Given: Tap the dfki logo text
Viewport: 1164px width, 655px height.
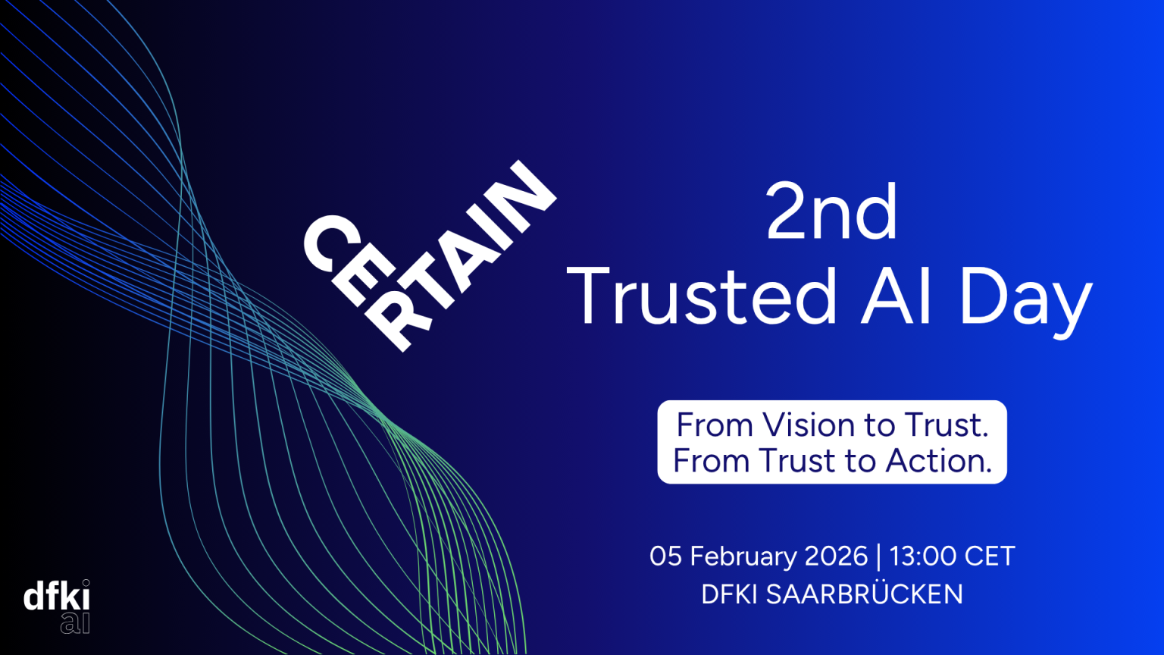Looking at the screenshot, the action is pyautogui.click(x=57, y=596).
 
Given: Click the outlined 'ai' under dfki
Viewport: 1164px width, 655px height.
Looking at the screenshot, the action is pyautogui.click(x=75, y=623).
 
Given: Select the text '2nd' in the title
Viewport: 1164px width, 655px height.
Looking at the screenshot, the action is pyautogui.click(x=831, y=212).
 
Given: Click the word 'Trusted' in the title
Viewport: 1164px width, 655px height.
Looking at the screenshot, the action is pyautogui.click(x=702, y=295).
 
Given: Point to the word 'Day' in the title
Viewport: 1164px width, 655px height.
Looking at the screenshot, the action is pyautogui.click(x=1027, y=302).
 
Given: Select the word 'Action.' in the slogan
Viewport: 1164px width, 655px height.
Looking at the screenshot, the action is pyautogui.click(x=938, y=461).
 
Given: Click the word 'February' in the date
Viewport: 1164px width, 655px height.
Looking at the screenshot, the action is pyautogui.click(x=743, y=556).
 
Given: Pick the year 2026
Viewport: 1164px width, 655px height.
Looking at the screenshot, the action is pyautogui.click(x=836, y=556).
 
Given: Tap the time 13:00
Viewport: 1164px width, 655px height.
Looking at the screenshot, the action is pyautogui.click(x=923, y=556).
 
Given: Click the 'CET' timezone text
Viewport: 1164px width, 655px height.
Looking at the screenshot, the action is pyautogui.click(x=990, y=556).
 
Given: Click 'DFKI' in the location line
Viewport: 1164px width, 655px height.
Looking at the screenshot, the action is pyautogui.click(x=730, y=594).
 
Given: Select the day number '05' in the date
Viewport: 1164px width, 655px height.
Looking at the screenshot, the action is pyautogui.click(x=665, y=556).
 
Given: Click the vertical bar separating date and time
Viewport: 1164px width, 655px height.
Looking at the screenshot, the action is pyautogui.click(x=879, y=556).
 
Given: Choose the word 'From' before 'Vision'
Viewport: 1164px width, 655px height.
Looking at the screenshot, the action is pyautogui.click(x=715, y=425).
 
